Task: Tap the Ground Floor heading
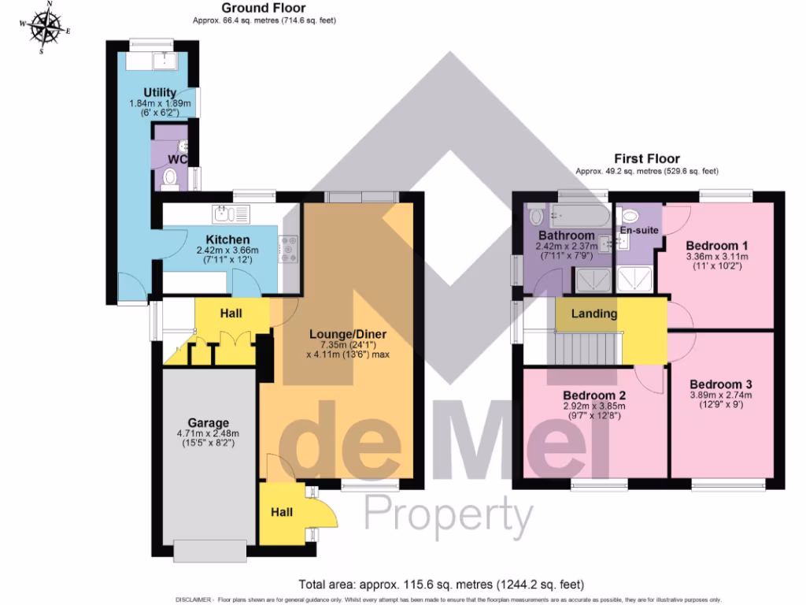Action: click(264, 9)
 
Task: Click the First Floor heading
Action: click(646, 158)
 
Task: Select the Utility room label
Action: click(160, 93)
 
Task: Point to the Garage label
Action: click(207, 421)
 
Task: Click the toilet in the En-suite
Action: click(630, 217)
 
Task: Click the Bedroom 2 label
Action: click(594, 395)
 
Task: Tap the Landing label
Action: click(594, 314)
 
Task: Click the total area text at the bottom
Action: click(441, 585)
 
